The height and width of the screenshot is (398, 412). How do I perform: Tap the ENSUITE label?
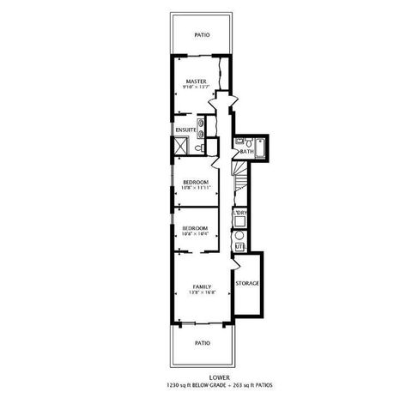185,130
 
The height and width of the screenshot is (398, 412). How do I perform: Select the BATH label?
246,152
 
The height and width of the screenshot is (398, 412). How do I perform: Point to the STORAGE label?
247,283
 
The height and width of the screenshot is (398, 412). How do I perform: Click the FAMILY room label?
203,286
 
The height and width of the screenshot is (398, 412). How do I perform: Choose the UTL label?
240,248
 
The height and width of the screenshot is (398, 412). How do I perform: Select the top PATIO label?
203,35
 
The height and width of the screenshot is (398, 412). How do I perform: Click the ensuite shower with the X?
181,146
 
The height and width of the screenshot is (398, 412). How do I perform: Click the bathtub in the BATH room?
261,148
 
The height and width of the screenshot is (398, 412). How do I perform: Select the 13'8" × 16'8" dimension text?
203,293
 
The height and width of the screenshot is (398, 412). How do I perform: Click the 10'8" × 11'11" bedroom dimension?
196,189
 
